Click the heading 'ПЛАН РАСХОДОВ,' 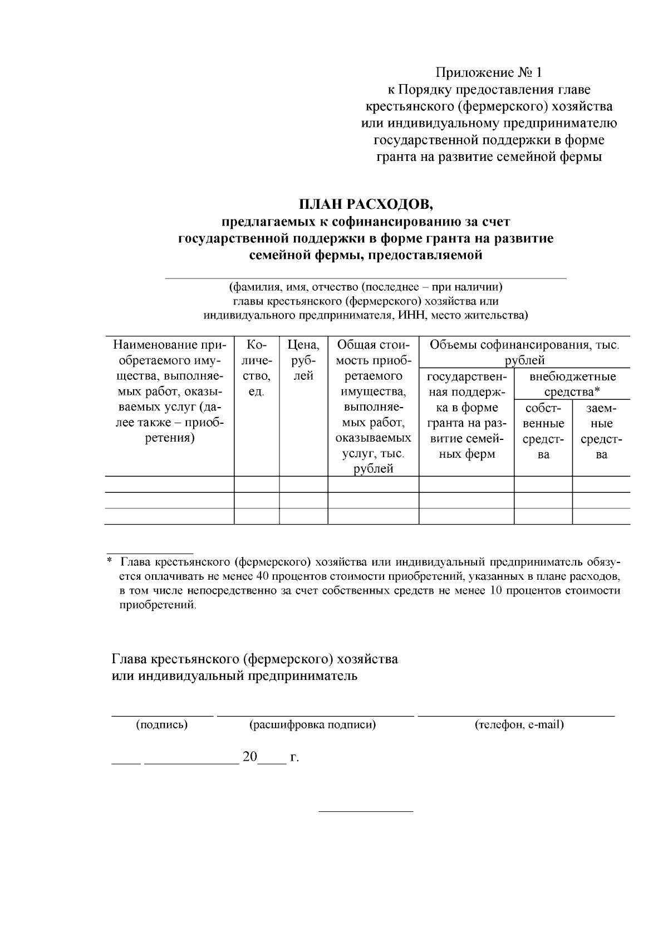coord(365,204)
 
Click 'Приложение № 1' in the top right coord(488,73)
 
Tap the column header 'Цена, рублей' coord(303,360)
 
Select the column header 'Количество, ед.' coord(256,368)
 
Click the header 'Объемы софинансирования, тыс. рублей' coord(524,352)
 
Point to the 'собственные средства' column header coord(543,431)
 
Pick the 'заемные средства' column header coord(601,431)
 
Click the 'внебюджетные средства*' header coord(572,384)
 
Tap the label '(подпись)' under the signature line coord(162,724)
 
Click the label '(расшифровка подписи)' coord(313,724)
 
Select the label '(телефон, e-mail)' coord(519,724)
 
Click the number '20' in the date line coord(250,757)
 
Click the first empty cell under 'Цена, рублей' coord(303,484)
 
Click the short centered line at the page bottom coord(366,811)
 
